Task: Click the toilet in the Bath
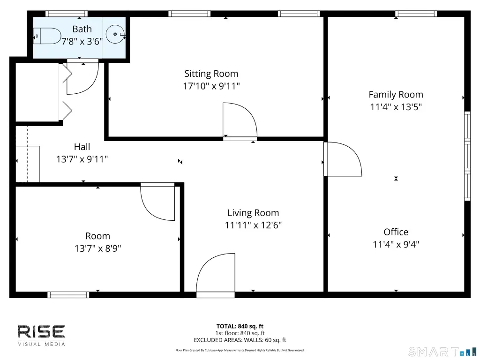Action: pyautogui.click(x=47, y=36)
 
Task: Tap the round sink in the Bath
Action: pyautogui.click(x=115, y=34)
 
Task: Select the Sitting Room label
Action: pyautogui.click(x=211, y=74)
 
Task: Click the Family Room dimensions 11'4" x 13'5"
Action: pyautogui.click(x=396, y=107)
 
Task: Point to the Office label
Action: pyautogui.click(x=396, y=232)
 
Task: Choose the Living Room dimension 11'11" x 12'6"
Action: pyautogui.click(x=253, y=225)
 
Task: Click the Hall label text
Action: pyautogui.click(x=82, y=147)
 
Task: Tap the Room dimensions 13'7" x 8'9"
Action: pyautogui.click(x=97, y=248)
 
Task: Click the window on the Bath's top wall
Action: pyautogui.click(x=67, y=14)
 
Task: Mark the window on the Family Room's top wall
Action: pyautogui.click(x=416, y=14)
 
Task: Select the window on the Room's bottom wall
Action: pyautogui.click(x=68, y=295)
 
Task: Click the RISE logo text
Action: pyautogui.click(x=41, y=332)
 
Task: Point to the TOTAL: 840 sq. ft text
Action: pyautogui.click(x=240, y=326)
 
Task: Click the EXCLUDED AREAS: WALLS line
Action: pyautogui.click(x=240, y=340)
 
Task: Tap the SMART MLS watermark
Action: pyautogui.click(x=442, y=352)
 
